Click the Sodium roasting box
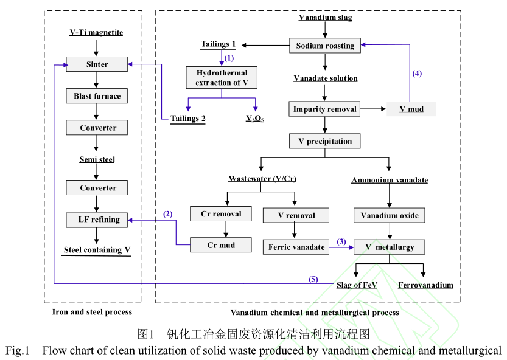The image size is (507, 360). coord(325,46)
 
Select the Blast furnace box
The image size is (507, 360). coord(97,96)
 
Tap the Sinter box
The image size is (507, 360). coord(97,64)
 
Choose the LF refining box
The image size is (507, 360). coord(97,220)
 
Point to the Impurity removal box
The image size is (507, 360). coord(325,109)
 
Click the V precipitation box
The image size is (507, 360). coord(325,141)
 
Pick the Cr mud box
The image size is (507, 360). coord(221,246)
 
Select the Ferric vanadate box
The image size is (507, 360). coord(296,247)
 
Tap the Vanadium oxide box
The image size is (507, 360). coord(389,215)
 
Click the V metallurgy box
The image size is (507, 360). coord(389,247)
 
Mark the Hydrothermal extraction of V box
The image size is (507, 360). coord(222,78)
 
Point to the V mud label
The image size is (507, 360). coord(411,110)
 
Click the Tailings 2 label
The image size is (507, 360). coord(187,119)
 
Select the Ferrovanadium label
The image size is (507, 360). coord(425,285)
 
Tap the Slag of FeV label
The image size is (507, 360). coord(357,285)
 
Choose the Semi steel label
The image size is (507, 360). coord(97,159)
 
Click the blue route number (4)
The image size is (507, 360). coord(416,74)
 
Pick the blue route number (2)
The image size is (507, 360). coord(168,213)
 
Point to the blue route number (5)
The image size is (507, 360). coord(313,279)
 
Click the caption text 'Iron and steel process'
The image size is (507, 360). coord(93,312)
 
